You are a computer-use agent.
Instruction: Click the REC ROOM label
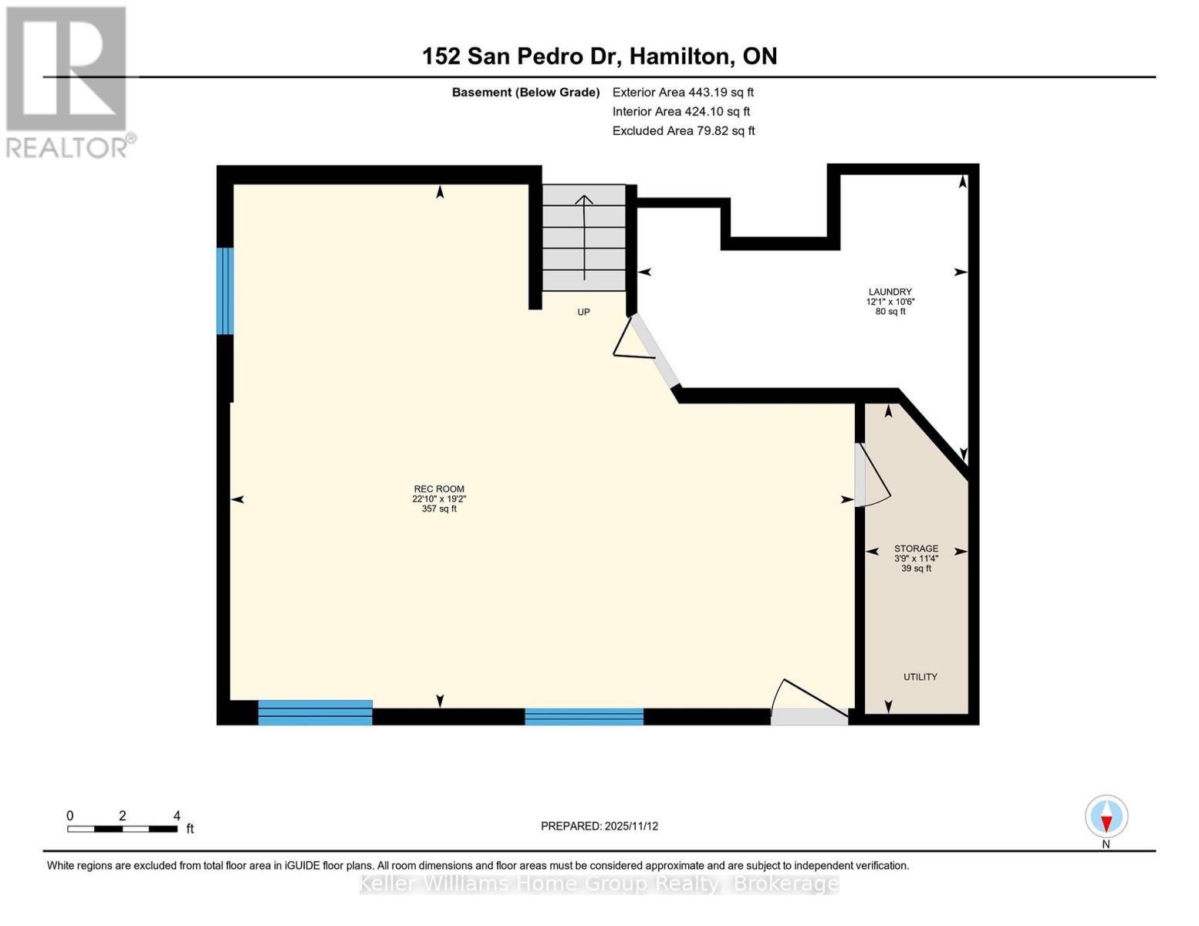point(439,489)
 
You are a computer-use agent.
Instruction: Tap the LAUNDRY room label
point(890,292)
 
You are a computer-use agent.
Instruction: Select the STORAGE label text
point(916,549)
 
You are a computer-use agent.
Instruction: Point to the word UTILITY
point(920,677)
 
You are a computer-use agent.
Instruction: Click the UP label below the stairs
point(583,313)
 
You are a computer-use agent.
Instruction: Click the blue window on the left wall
point(225,291)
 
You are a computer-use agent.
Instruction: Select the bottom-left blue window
point(315,712)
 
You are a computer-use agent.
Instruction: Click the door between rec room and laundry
point(652,351)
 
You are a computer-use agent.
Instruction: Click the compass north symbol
point(1106,817)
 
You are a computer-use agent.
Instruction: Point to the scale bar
point(123,829)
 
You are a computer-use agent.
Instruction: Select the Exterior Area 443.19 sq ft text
point(682,93)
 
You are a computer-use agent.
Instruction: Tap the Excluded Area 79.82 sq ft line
point(683,131)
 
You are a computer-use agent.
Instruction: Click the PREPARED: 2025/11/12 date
point(599,826)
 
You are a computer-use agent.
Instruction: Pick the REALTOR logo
point(68,82)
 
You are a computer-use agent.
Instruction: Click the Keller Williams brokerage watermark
point(599,884)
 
